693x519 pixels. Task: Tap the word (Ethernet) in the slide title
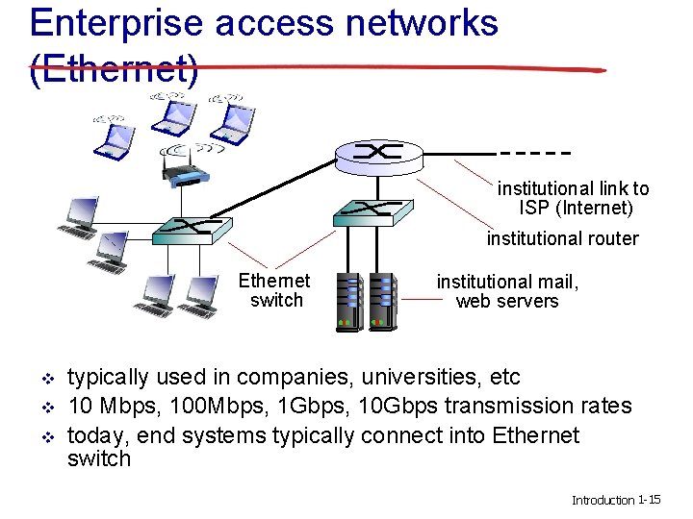click(114, 69)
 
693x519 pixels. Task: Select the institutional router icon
click(377, 155)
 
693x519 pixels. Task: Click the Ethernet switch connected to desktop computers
click(193, 228)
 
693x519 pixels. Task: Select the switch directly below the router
click(372, 211)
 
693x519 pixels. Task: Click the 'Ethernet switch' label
click(275, 290)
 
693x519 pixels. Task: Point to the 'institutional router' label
click(562, 238)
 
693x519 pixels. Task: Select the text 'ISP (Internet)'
click(576, 208)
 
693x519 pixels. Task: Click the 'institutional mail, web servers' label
click(507, 291)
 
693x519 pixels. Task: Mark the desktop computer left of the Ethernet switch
click(79, 218)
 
